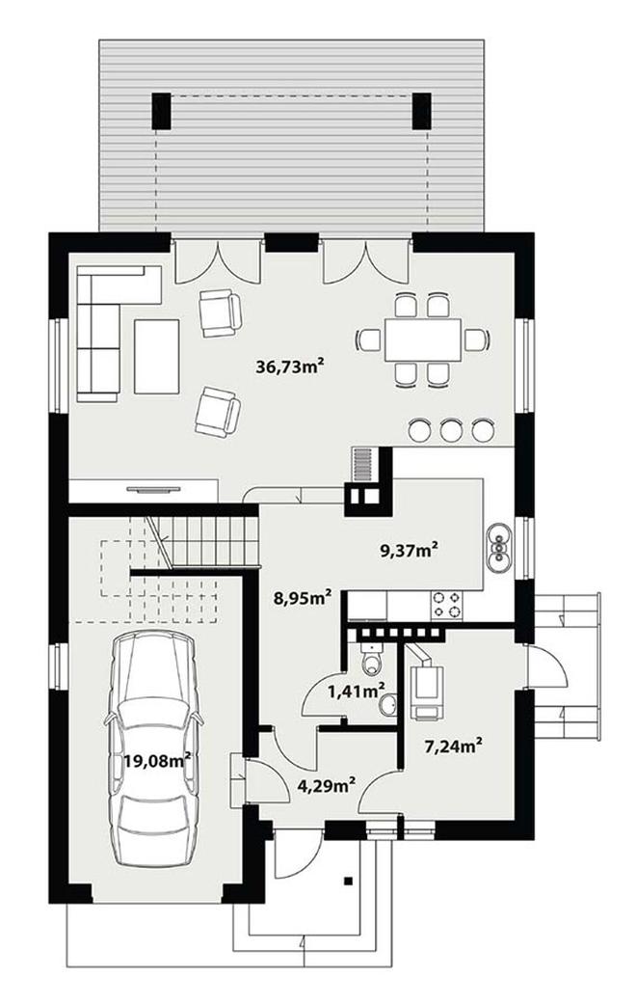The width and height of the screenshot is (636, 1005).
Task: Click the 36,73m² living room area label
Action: tap(288, 367)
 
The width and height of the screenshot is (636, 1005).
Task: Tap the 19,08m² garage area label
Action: tap(158, 761)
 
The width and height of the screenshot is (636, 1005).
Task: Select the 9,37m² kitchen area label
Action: tap(410, 550)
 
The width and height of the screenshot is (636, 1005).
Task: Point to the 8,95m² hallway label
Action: tap(303, 598)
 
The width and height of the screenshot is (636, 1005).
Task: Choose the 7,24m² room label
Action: tap(453, 746)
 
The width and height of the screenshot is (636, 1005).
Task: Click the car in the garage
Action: tap(154, 747)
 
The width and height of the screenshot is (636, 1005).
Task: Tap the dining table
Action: tap(423, 340)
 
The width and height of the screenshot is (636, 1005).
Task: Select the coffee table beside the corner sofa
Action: tap(157, 356)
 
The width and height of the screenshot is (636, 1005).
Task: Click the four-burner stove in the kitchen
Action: tap(447, 605)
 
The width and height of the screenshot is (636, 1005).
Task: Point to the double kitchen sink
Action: tap(499, 547)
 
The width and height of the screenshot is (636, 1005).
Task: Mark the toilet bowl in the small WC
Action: tap(371, 660)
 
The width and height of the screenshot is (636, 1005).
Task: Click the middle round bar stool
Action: tap(452, 431)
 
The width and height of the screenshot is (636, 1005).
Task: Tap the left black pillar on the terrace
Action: tap(161, 112)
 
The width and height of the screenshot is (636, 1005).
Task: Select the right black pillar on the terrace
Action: tap(422, 112)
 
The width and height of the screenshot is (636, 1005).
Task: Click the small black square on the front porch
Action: tap(349, 880)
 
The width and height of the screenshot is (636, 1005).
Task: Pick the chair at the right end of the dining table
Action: tap(477, 340)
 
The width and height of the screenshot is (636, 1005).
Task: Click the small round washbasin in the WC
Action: tap(386, 706)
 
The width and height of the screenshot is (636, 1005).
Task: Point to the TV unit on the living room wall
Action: tap(154, 490)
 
